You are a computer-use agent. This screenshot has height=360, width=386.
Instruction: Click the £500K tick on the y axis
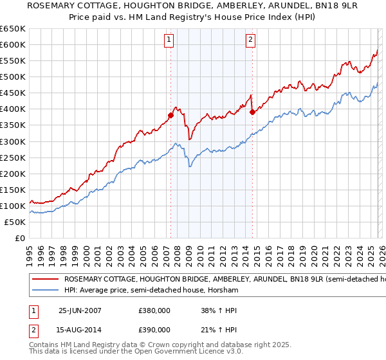[13, 77]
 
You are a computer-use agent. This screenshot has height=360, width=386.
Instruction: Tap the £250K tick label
[13, 157]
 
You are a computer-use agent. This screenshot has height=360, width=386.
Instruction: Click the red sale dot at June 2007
[171, 116]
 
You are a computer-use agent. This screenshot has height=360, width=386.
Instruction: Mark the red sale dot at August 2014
[252, 112]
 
